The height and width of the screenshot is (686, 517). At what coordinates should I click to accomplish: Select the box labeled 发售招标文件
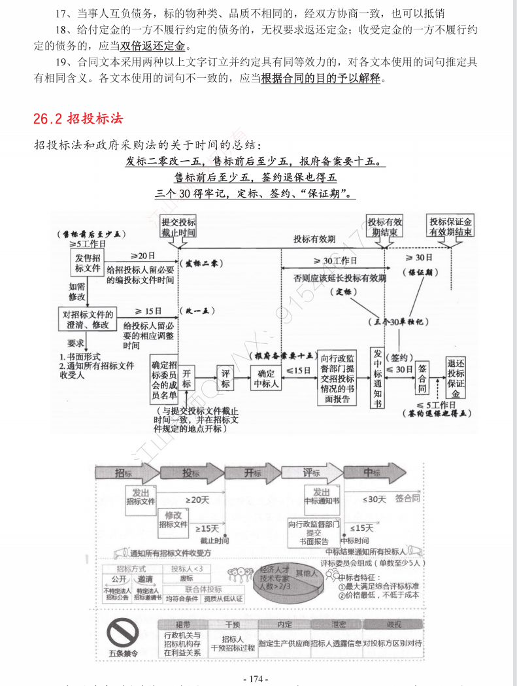click(88, 264)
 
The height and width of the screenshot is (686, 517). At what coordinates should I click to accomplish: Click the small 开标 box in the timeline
click(187, 377)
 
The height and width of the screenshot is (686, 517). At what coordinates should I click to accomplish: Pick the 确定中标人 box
click(266, 378)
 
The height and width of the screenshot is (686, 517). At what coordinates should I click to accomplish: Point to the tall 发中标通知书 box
click(376, 377)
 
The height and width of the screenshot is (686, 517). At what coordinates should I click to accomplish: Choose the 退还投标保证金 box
click(456, 377)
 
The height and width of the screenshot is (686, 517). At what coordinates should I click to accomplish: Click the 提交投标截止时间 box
click(178, 227)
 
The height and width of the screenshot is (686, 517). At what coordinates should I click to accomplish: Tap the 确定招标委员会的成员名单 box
click(163, 380)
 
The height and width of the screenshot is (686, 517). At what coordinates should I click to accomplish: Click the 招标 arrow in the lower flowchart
click(127, 473)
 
